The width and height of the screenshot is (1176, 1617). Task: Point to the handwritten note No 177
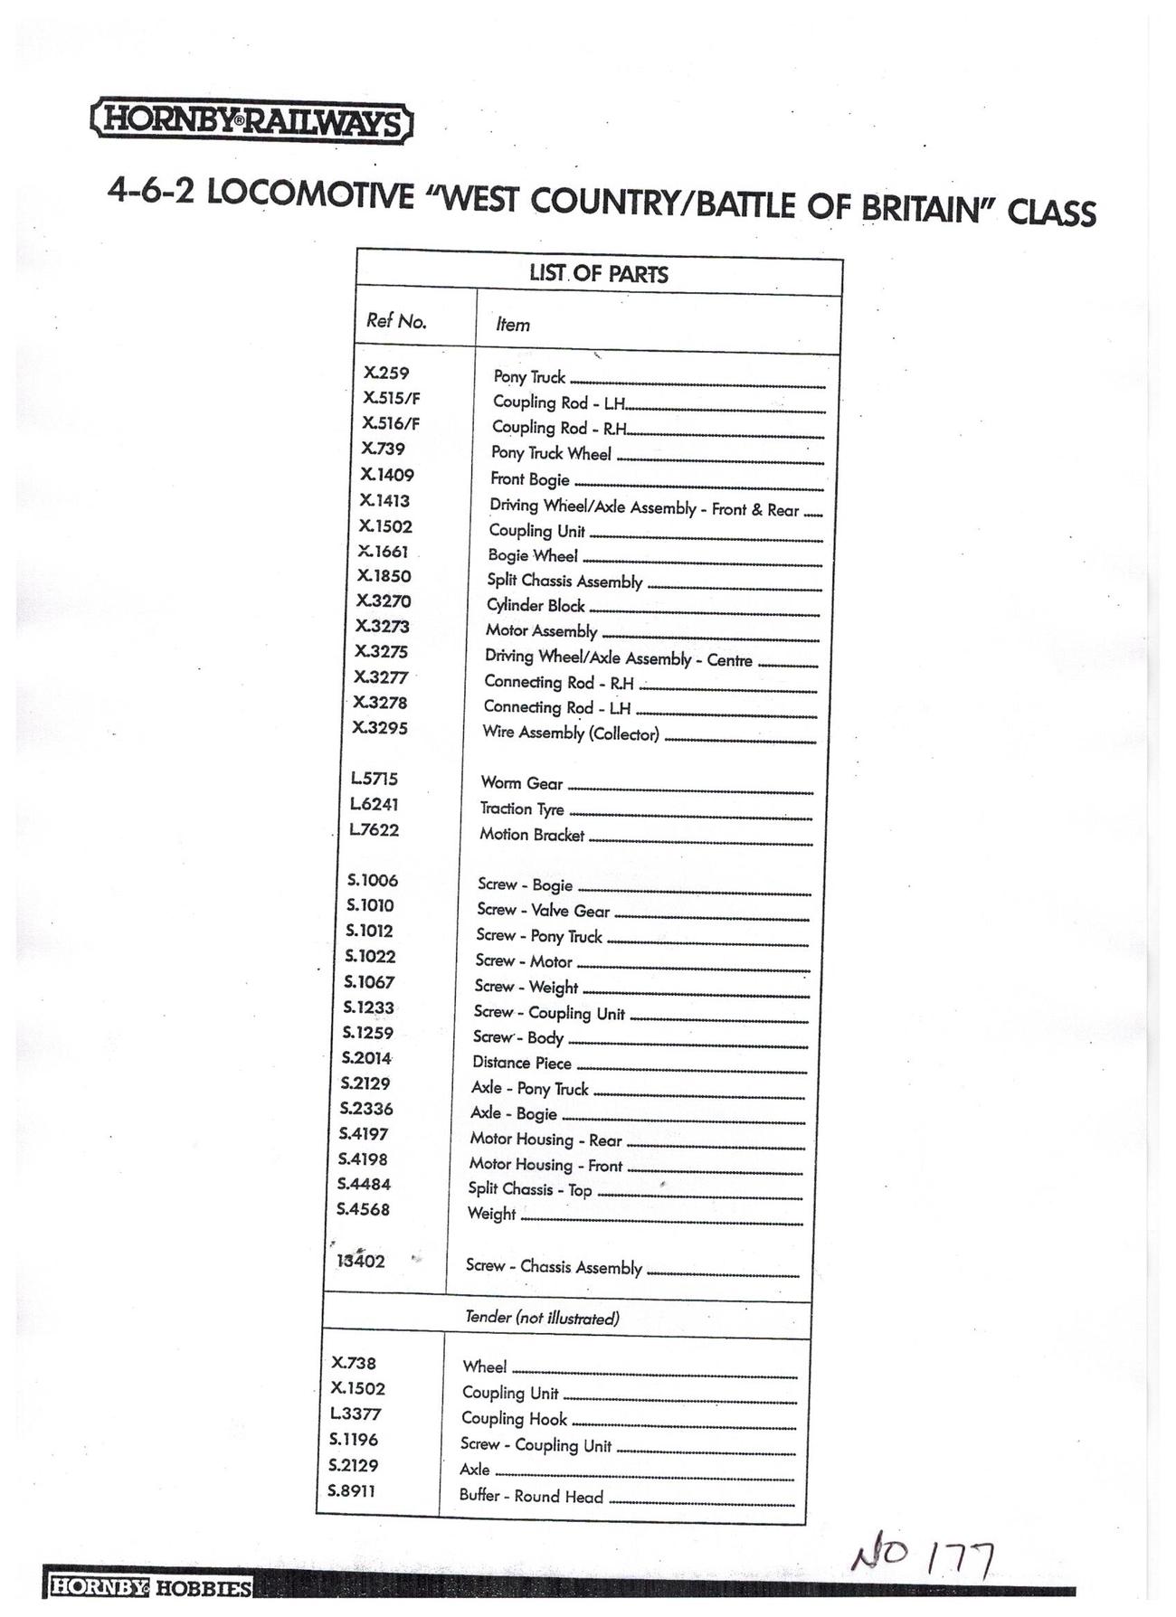pos(922,1556)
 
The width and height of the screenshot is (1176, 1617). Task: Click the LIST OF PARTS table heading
pos(599,274)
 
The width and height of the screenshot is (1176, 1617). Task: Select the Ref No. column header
pos(396,321)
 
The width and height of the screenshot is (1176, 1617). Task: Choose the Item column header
pos(513,325)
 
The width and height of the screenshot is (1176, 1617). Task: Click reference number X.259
pos(386,373)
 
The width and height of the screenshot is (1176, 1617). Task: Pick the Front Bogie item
pos(530,479)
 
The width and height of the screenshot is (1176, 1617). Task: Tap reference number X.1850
pos(384,576)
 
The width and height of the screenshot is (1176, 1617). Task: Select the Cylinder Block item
pos(536,606)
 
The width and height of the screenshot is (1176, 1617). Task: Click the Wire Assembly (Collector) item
pos(571,733)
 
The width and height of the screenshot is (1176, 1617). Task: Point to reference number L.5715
pos(375,779)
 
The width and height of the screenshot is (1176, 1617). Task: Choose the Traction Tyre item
pos(522,809)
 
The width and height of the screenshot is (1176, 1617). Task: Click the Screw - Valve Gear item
pos(543,911)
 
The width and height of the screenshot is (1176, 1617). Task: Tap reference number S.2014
pos(366,1058)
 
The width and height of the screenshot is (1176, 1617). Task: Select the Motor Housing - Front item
pos(545,1166)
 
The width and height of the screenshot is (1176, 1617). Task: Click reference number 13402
pos(361,1262)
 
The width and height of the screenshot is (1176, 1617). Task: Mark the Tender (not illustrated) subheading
pos(542,1318)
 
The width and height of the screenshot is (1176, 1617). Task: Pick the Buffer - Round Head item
pos(531,1496)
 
